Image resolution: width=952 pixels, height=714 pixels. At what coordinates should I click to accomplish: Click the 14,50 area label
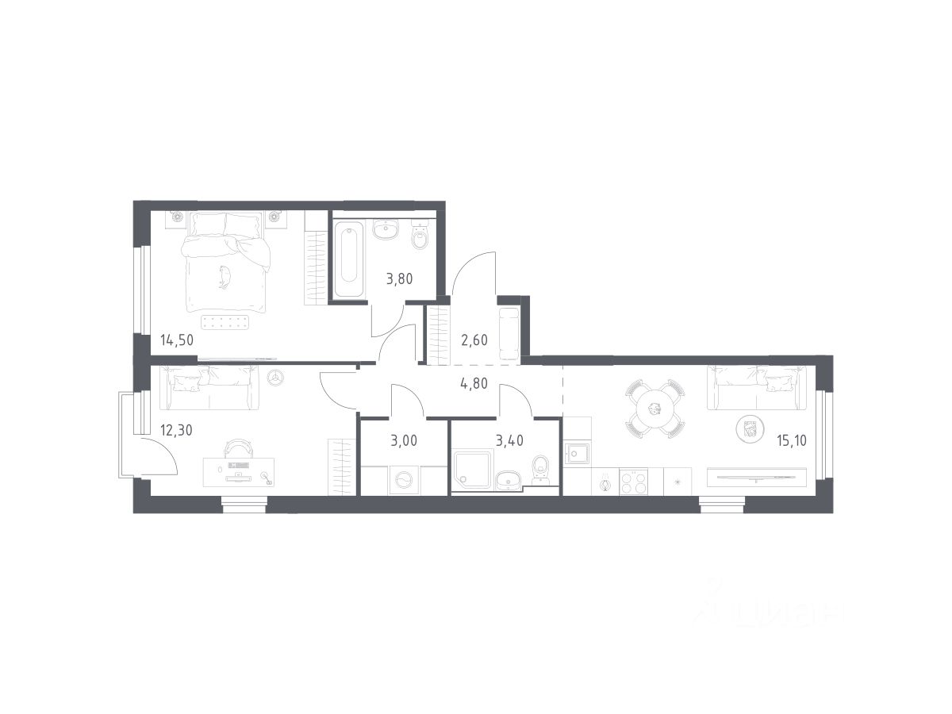click(x=177, y=340)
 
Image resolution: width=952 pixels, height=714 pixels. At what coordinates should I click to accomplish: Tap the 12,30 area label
click(x=176, y=431)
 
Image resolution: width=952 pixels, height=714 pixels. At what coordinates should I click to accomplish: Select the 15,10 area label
click(x=792, y=441)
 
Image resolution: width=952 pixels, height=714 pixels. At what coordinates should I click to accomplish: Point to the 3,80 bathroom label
click(x=400, y=278)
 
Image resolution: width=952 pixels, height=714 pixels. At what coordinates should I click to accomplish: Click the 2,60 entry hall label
click(x=474, y=340)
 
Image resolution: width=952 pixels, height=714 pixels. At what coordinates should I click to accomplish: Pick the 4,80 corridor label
click(x=474, y=384)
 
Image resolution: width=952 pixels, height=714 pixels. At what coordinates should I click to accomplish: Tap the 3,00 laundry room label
click(x=404, y=441)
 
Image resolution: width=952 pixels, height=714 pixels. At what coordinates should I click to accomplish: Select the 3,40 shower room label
click(x=509, y=441)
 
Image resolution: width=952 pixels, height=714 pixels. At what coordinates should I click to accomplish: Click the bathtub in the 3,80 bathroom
click(x=349, y=259)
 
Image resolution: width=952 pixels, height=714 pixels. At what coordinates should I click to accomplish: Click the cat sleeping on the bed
click(x=225, y=277)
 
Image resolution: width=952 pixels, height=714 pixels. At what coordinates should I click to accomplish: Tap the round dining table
click(x=654, y=409)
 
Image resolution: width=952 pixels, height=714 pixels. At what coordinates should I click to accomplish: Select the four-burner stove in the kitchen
click(x=633, y=482)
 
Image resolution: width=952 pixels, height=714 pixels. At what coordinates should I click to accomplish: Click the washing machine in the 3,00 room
click(x=405, y=480)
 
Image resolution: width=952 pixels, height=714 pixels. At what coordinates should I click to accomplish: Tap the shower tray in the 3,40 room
click(x=472, y=470)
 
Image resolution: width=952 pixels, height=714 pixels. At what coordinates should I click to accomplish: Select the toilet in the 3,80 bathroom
click(x=420, y=235)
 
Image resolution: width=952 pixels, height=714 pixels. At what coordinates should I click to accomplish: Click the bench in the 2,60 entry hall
click(x=509, y=333)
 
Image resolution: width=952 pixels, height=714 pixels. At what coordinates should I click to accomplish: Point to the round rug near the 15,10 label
click(x=749, y=430)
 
